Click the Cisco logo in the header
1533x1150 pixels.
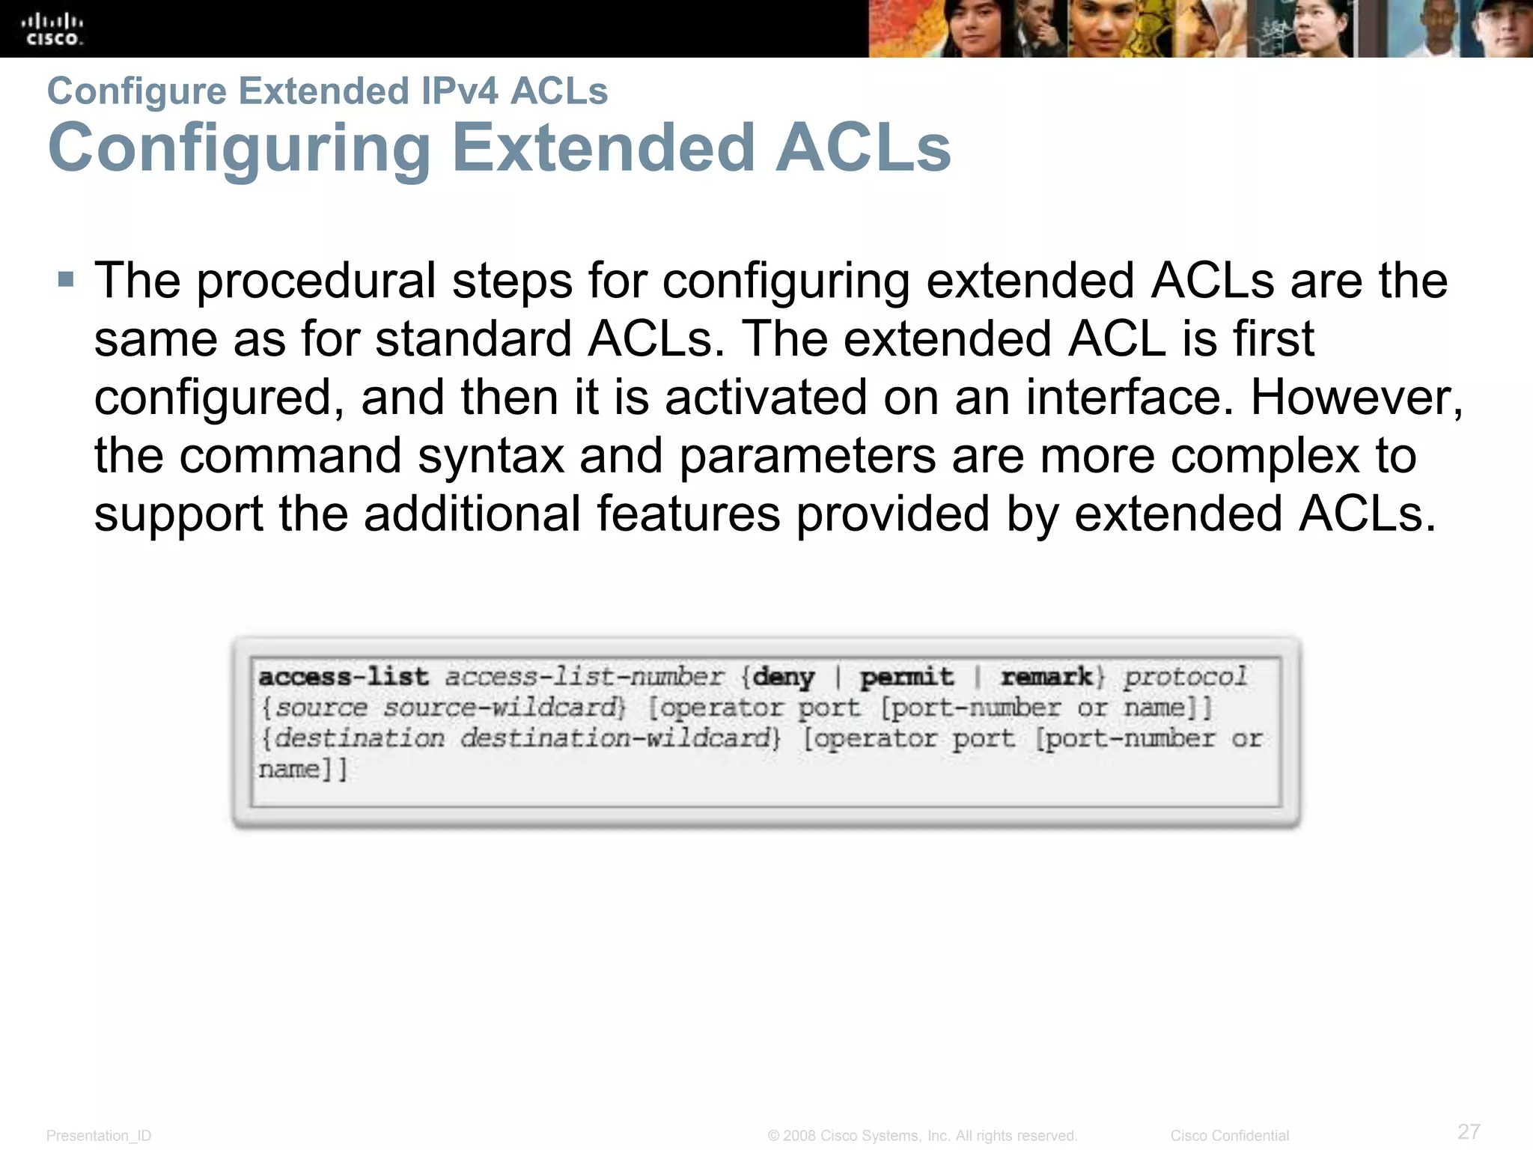pos(52,29)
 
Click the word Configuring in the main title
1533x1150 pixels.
pos(239,149)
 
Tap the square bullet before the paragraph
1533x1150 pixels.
pos(66,281)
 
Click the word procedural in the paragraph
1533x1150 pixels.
pos(316,282)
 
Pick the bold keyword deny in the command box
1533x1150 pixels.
pos(784,677)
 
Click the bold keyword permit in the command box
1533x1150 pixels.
pos(906,677)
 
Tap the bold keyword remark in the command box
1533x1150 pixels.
pos(1046,677)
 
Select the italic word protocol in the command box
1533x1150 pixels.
pos(1185,677)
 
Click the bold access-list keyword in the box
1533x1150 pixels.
pos(344,677)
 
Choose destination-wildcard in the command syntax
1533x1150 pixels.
pos(618,738)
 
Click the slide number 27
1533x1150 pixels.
pos(1469,1131)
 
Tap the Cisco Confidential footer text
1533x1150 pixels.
pos(1229,1136)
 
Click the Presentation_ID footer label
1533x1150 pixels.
pos(99,1136)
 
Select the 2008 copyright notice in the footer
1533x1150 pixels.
pos(922,1136)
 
